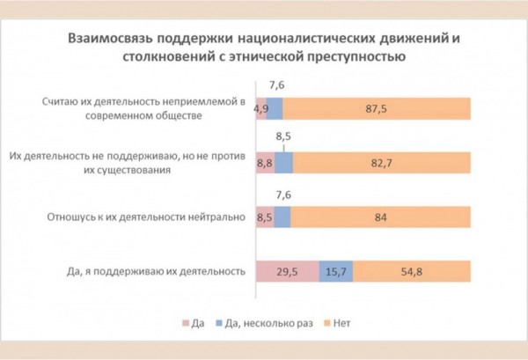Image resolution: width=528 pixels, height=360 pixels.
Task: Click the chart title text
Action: [264, 48]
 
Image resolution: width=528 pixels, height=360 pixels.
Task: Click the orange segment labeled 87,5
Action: [378, 108]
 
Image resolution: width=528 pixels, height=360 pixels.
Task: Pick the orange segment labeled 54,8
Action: [414, 272]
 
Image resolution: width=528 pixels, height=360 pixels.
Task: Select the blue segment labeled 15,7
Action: [335, 272]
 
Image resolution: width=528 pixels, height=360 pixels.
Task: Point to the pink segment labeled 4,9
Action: [260, 108]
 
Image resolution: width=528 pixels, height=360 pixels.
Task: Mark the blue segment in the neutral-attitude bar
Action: [282, 217]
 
